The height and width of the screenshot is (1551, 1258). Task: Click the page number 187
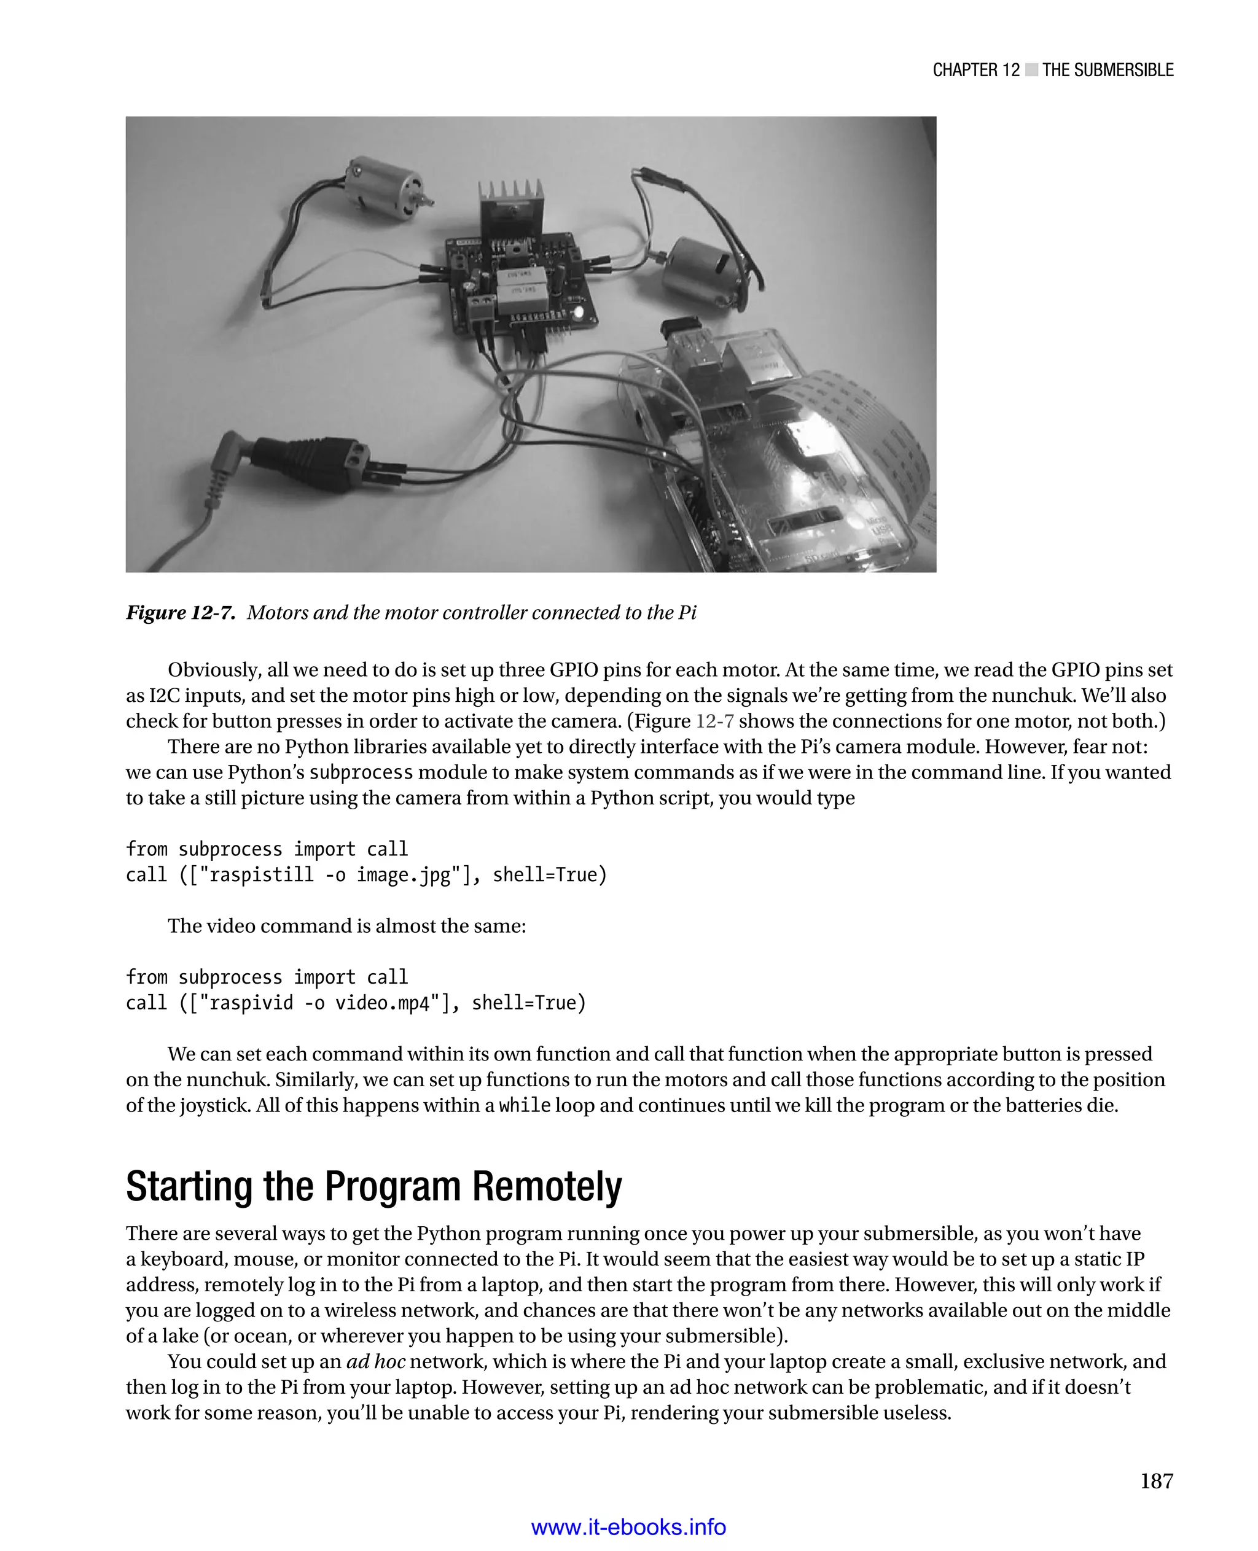(1156, 1481)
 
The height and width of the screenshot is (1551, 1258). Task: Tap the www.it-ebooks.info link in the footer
(628, 1527)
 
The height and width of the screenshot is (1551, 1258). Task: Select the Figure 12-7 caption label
(181, 613)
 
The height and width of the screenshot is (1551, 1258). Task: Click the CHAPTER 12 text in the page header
(975, 70)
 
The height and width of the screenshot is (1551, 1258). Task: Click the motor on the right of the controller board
(701, 271)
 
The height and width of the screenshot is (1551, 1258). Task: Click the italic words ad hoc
(375, 1361)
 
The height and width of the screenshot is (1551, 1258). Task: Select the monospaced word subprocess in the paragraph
(361, 772)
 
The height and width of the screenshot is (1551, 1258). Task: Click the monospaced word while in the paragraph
(525, 1105)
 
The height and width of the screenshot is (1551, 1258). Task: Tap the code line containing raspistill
(366, 875)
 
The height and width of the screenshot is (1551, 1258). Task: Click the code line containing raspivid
(355, 1003)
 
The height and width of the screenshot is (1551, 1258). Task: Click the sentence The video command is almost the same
(346, 927)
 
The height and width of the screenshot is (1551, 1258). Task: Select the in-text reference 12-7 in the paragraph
(714, 721)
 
